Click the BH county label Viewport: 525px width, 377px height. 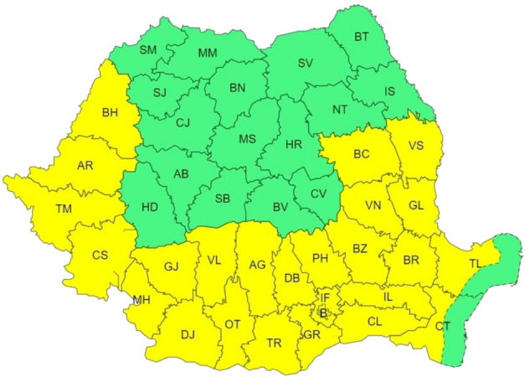[111, 113]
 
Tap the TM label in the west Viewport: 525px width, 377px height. [64, 209]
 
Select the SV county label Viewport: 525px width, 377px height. [306, 64]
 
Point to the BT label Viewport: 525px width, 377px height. [362, 37]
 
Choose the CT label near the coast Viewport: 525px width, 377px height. [443, 325]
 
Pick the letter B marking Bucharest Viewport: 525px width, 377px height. [323, 312]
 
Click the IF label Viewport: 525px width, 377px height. [326, 296]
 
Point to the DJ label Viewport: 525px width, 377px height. [188, 334]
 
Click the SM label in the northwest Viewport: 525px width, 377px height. [148, 50]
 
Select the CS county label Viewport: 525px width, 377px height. [100, 255]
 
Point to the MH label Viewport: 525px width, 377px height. [142, 300]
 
